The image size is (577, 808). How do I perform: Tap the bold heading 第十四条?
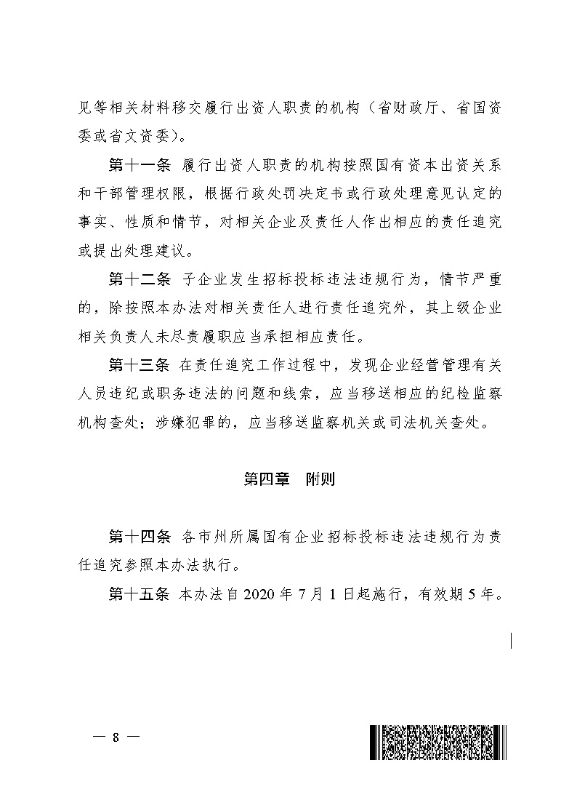(x=139, y=537)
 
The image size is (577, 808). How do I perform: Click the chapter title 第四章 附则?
(x=288, y=479)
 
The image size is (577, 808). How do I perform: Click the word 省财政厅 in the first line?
(x=408, y=108)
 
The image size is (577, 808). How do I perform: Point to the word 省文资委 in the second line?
(x=141, y=136)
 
